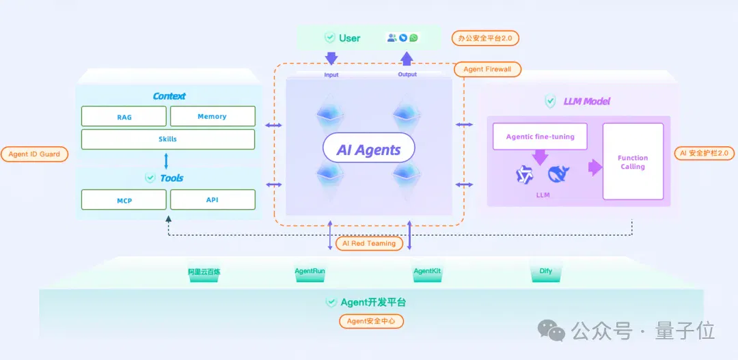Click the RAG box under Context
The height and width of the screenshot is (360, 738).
pyautogui.click(x=124, y=116)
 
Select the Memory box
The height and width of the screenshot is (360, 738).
pyautogui.click(x=213, y=116)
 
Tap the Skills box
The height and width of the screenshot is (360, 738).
pyautogui.click(x=168, y=139)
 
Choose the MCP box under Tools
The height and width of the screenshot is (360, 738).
pyautogui.click(x=124, y=199)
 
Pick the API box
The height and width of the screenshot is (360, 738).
pyautogui.click(x=213, y=199)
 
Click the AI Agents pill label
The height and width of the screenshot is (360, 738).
pyautogui.click(x=368, y=150)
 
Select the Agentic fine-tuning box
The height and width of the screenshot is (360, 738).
pyautogui.click(x=540, y=137)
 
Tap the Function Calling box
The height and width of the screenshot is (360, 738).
pyautogui.click(x=633, y=161)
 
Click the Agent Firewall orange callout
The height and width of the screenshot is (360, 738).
pyautogui.click(x=488, y=70)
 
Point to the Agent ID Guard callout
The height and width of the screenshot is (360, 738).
pyautogui.click(x=34, y=154)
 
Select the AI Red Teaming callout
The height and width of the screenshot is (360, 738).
pyautogui.click(x=370, y=243)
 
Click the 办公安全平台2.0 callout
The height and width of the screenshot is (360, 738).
pyautogui.click(x=485, y=38)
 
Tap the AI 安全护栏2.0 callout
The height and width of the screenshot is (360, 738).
pyautogui.click(x=705, y=153)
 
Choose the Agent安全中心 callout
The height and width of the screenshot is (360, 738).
pyautogui.click(x=372, y=322)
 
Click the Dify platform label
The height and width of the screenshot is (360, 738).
pyautogui.click(x=546, y=271)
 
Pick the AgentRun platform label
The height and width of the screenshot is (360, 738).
pyautogui.click(x=310, y=271)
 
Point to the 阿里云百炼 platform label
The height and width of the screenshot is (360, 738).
pyautogui.click(x=204, y=271)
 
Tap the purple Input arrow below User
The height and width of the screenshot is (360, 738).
pyautogui.click(x=331, y=58)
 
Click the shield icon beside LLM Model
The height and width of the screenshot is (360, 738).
pyautogui.click(x=550, y=101)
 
